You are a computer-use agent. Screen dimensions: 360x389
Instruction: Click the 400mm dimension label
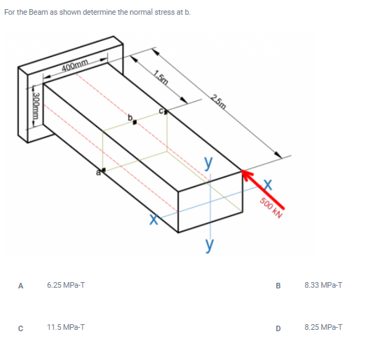point(75,67)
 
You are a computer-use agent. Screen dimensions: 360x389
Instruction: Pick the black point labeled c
point(167,112)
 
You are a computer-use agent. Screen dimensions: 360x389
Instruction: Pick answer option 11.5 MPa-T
point(63,327)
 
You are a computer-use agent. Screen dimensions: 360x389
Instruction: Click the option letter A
point(21,286)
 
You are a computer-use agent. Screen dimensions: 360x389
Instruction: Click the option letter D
point(279,327)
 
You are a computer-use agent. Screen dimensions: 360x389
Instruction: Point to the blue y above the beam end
point(208,161)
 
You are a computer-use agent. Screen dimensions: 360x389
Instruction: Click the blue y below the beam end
point(208,245)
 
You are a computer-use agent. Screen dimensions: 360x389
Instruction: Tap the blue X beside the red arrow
point(268,185)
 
